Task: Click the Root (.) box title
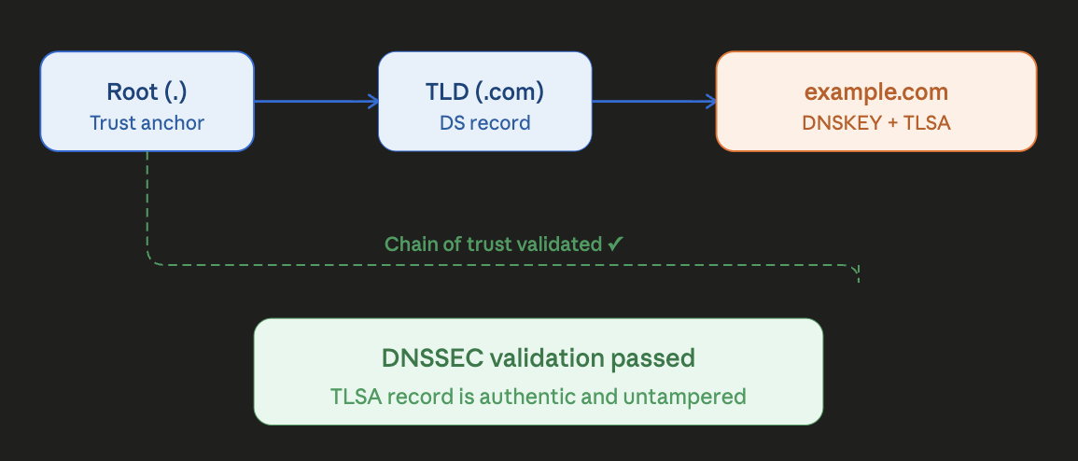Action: [x=147, y=92]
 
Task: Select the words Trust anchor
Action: [x=147, y=122]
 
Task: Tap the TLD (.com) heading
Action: [x=484, y=92]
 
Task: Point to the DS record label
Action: [x=484, y=122]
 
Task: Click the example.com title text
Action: [x=876, y=92]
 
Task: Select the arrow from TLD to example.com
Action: [x=653, y=101]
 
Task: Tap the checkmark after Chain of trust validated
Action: [x=615, y=244]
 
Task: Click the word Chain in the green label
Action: [x=407, y=244]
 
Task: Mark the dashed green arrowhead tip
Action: [x=857, y=279]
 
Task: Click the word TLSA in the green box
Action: [x=352, y=396]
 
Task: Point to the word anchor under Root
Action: [x=175, y=122]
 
